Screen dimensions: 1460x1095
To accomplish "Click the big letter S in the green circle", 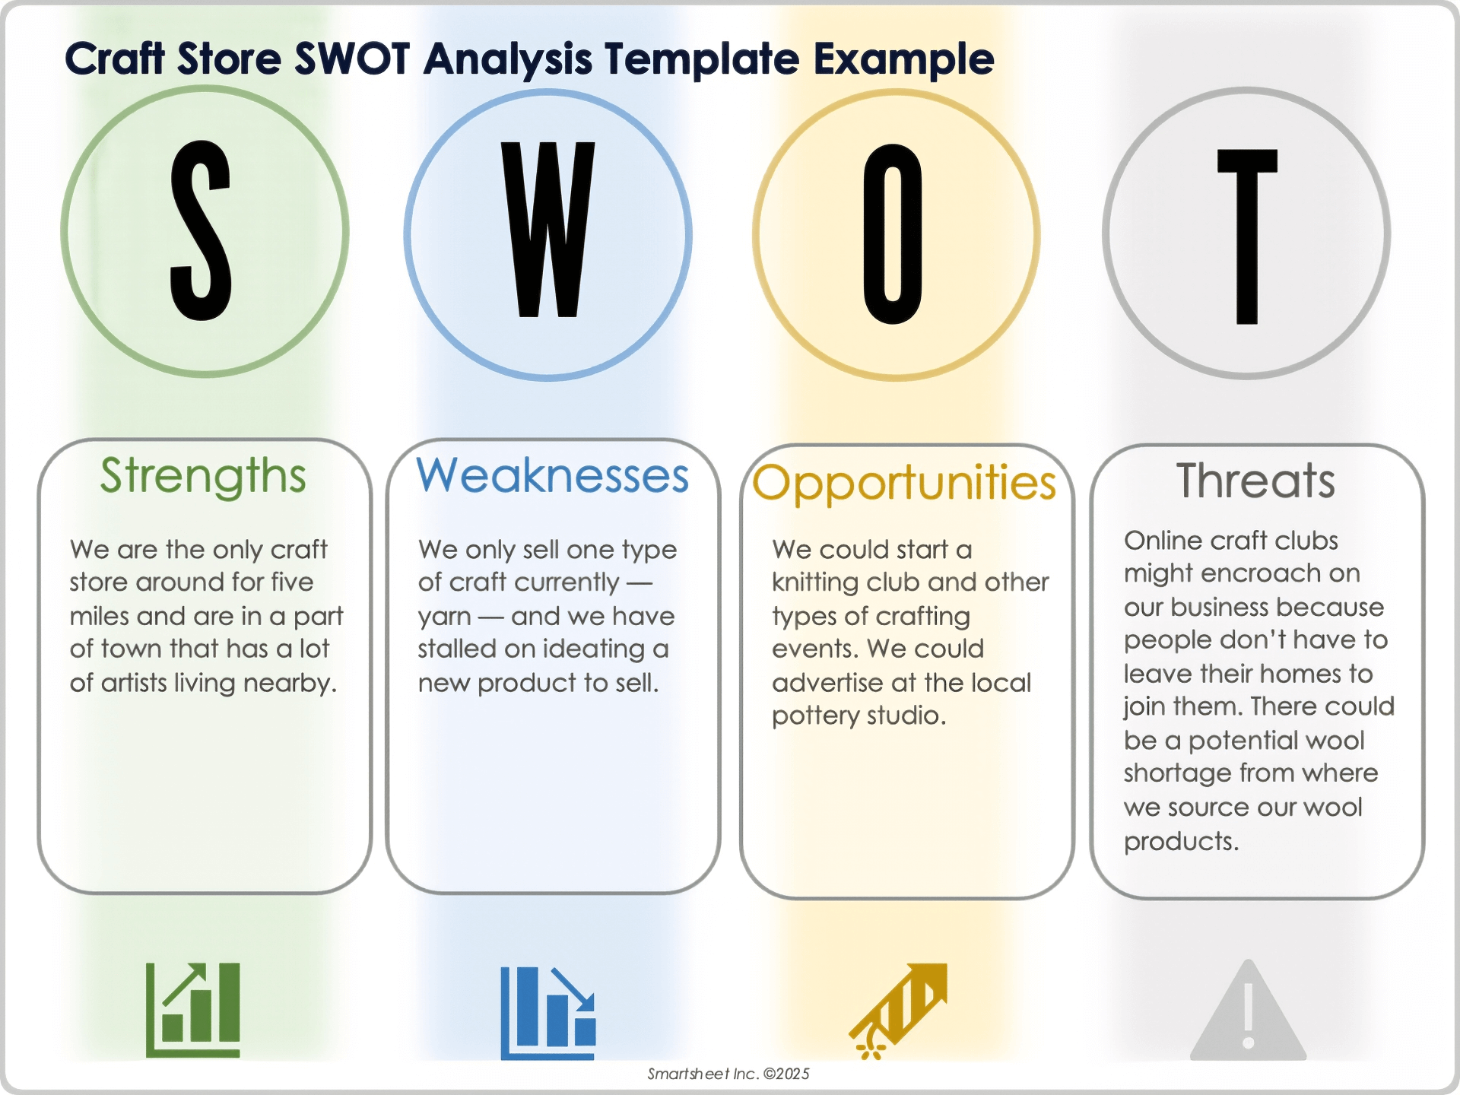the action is coord(200,230).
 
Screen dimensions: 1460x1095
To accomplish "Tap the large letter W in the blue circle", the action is coord(547,229).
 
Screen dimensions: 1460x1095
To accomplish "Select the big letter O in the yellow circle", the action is coord(893,233).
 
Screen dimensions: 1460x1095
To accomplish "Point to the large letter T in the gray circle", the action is coord(1247,236).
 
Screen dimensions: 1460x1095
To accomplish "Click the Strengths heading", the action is coord(203,477).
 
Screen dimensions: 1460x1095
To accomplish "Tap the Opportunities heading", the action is coord(904,484).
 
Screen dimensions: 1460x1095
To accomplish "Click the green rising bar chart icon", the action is coord(193,1010).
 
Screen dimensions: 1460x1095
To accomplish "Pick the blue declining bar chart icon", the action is coord(548,1013).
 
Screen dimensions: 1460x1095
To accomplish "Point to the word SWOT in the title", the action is coord(352,59).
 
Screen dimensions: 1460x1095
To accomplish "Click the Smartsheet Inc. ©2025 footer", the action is coord(728,1074).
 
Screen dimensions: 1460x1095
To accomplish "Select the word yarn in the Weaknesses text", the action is coord(445,617).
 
